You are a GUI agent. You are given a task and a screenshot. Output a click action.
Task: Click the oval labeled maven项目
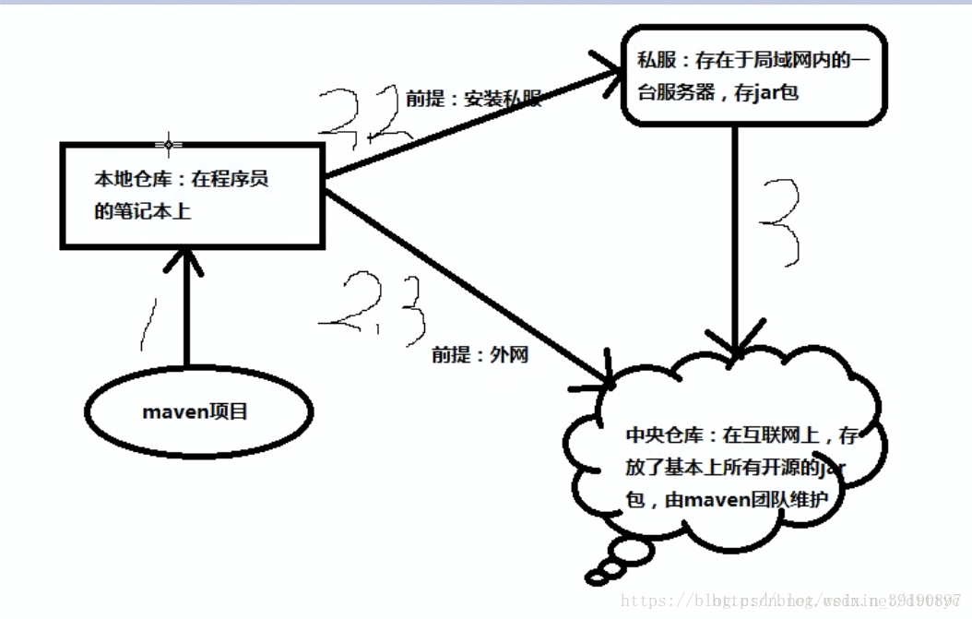(x=195, y=411)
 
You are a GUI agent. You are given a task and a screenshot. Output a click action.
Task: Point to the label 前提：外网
(x=480, y=354)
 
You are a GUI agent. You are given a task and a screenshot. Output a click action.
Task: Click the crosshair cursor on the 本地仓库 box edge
(x=168, y=144)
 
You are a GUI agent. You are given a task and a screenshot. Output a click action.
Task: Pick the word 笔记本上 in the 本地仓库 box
(x=157, y=211)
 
